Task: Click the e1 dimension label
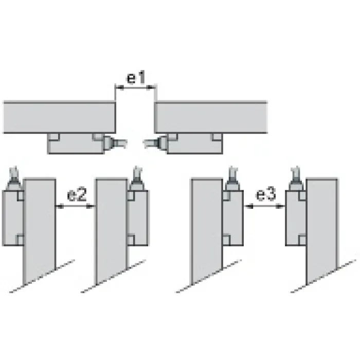click(136, 77)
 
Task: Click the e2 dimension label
click(77, 195)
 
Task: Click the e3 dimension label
click(266, 195)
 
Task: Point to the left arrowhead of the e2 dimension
click(60, 206)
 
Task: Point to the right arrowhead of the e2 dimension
click(91, 206)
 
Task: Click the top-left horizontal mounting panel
click(59, 117)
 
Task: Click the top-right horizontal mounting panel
click(211, 117)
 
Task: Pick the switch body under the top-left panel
click(76, 143)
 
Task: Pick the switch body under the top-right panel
click(195, 143)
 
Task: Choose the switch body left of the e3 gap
click(233, 218)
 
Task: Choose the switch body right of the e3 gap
click(296, 218)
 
